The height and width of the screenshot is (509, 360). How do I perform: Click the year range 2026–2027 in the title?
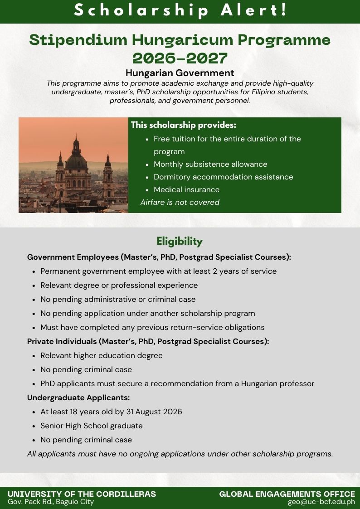180,58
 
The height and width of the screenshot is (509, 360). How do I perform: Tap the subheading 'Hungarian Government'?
180,73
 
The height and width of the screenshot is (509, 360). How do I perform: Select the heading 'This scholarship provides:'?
184,125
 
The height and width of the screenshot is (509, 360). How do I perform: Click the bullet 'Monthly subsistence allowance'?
210,164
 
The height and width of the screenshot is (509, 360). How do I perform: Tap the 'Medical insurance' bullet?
186,189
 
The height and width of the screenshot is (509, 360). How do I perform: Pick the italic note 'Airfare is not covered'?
180,202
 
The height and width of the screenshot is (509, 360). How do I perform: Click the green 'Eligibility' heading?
180,241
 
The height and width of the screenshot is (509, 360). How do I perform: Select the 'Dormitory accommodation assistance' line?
223,177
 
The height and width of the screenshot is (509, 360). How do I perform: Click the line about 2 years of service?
158,271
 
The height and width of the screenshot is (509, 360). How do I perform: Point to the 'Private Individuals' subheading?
148,341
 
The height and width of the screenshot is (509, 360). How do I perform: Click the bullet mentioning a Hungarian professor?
177,383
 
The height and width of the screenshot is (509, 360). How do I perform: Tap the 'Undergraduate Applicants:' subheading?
78,398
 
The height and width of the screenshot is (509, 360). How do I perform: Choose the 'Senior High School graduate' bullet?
92,426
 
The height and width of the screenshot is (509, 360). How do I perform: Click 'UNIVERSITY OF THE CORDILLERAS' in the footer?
82,494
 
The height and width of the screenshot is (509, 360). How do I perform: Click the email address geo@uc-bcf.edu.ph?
321,502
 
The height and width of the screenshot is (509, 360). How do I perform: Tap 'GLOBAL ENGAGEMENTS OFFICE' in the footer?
287,494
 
